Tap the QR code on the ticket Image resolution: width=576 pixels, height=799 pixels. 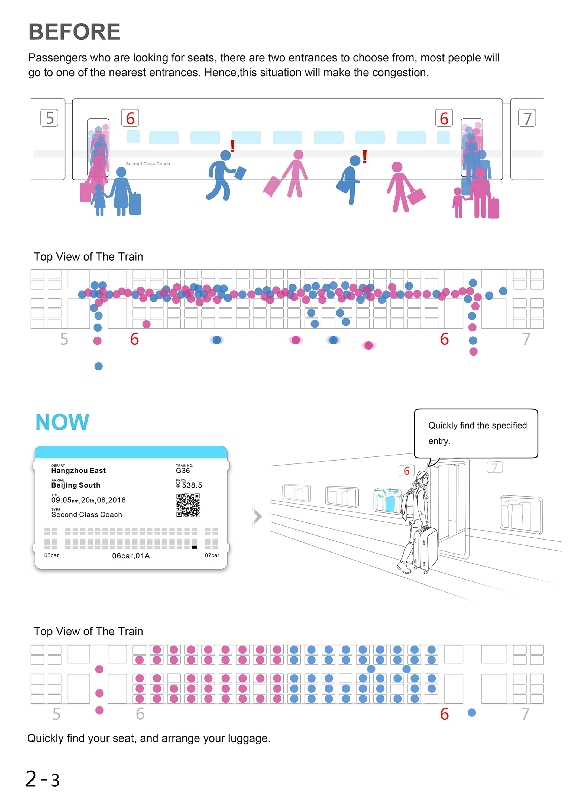point(188,505)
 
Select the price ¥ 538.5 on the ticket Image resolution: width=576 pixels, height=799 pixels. point(189,485)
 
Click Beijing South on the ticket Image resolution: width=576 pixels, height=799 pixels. point(76,485)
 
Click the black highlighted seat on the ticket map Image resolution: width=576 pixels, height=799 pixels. point(194,547)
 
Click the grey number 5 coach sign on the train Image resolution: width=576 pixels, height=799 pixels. point(49,118)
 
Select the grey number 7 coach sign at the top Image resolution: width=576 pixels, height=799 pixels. point(527,118)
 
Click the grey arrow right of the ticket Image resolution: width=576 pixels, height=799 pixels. point(257,517)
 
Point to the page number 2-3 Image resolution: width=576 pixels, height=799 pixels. point(42,779)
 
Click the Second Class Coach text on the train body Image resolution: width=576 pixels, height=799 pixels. point(148,164)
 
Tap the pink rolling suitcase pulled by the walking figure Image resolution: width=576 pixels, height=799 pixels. point(273,186)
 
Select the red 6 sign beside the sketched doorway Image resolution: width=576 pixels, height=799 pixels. point(406,471)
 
